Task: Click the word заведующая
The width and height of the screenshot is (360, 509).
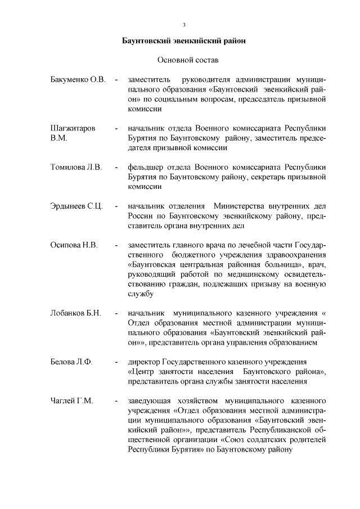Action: (x=150, y=401)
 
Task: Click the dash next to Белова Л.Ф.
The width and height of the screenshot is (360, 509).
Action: (x=116, y=362)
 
